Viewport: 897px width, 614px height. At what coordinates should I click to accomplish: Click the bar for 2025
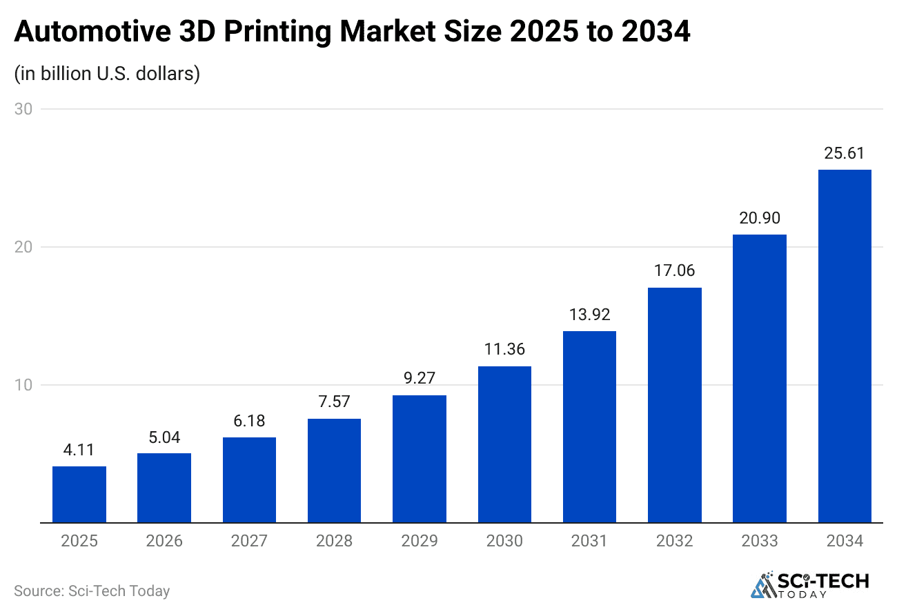tap(79, 495)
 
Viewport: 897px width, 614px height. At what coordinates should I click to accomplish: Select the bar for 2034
tap(845, 346)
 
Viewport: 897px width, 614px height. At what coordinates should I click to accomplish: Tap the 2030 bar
tap(504, 444)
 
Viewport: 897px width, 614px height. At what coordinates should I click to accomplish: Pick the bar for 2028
tap(334, 471)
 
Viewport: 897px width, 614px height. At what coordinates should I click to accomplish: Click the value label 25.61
tap(845, 153)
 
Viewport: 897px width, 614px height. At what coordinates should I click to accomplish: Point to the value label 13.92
tap(589, 315)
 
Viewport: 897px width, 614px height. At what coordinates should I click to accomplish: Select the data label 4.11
tap(79, 450)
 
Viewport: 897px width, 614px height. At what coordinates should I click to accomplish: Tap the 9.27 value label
tap(420, 379)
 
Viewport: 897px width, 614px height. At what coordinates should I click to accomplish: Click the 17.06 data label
tap(675, 271)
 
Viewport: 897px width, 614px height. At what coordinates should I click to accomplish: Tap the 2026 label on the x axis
tap(164, 541)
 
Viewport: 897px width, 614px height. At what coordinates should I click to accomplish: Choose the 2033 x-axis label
tap(760, 541)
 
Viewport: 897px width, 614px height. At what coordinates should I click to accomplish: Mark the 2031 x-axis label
tap(589, 541)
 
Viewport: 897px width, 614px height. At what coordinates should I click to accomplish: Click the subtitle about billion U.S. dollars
tap(107, 73)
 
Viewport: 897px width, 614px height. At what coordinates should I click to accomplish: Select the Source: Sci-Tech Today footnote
tap(92, 591)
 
